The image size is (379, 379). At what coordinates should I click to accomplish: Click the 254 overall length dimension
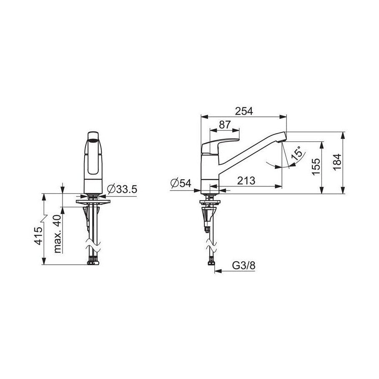(x=244, y=111)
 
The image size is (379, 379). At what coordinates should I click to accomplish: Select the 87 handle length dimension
(x=225, y=125)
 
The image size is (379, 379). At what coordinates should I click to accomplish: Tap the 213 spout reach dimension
(x=246, y=181)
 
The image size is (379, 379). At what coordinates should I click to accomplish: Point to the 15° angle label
(x=297, y=153)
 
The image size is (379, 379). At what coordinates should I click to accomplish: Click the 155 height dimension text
(x=316, y=167)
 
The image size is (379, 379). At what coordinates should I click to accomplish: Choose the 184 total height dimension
(x=337, y=162)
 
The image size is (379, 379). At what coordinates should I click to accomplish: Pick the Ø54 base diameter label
(x=181, y=183)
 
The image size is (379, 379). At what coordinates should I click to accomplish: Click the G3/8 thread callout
(x=243, y=266)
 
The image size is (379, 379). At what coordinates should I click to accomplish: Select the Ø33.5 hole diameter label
(x=122, y=189)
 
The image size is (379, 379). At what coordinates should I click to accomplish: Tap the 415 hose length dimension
(x=39, y=236)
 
